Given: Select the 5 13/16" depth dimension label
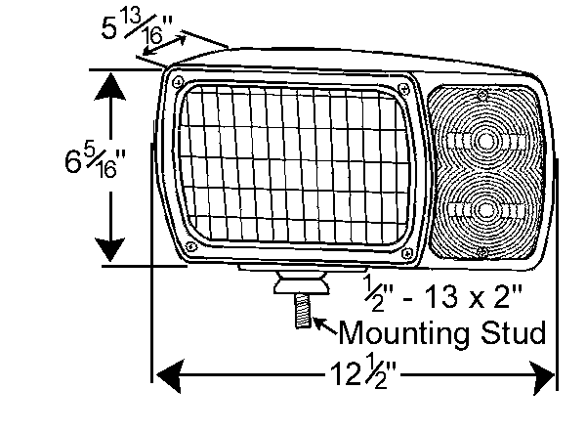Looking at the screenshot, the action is pos(137,25).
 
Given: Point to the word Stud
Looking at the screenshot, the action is pos(513,331).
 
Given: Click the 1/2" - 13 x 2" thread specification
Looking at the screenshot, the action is pos(442,295).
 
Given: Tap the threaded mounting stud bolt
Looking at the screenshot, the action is pos(303,311).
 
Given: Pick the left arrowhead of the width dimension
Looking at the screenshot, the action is pos(170,375).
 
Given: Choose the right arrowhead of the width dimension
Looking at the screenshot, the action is pos(542,377).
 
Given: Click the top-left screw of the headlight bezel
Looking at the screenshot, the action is pos(179,81).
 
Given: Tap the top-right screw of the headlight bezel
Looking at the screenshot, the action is pos(404,89).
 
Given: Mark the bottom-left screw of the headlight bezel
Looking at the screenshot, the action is pos(191,246).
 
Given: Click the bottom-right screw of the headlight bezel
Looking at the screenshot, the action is pos(407,254).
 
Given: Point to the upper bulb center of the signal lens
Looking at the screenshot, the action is pos(485,142).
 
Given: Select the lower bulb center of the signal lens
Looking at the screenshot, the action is pos(485,210).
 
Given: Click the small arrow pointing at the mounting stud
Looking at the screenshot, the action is pos(324,325).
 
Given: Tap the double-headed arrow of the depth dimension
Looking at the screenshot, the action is pos(165,45).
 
